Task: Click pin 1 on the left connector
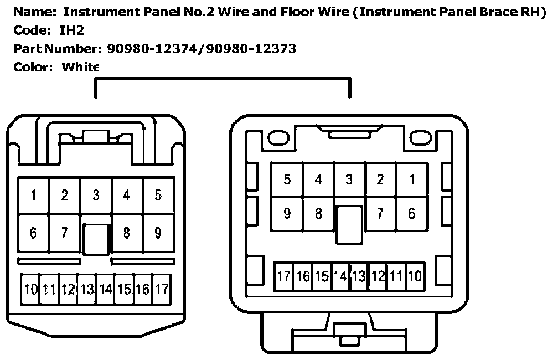click(34, 195)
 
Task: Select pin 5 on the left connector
click(158, 195)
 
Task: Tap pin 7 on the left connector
click(65, 233)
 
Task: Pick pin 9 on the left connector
click(158, 233)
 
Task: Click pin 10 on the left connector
click(30, 289)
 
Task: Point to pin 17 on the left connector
click(161, 289)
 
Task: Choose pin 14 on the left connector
click(105, 289)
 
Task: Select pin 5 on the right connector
click(287, 179)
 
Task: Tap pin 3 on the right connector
click(349, 179)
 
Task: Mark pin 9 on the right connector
click(287, 213)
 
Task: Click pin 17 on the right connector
click(284, 276)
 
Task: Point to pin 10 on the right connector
click(415, 276)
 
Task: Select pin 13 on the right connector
click(359, 276)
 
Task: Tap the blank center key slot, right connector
click(349, 224)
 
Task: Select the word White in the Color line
click(81, 68)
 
